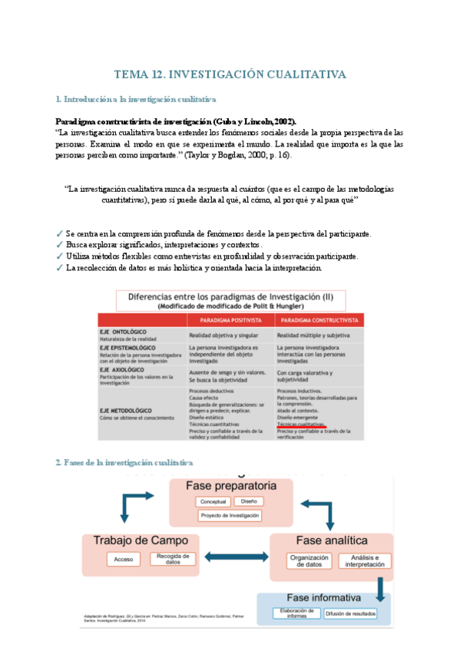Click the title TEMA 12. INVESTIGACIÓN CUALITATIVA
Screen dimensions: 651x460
click(x=230, y=74)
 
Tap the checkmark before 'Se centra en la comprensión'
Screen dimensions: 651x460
click(x=60, y=233)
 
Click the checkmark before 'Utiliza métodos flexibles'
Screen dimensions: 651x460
click(x=60, y=256)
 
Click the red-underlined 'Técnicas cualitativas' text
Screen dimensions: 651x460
click(x=301, y=423)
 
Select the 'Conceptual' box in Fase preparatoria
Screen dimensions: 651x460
click(x=212, y=502)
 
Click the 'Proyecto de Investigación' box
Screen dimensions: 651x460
click(x=230, y=516)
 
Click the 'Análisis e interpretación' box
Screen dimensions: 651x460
click(x=365, y=560)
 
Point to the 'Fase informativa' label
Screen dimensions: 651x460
click(x=324, y=597)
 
